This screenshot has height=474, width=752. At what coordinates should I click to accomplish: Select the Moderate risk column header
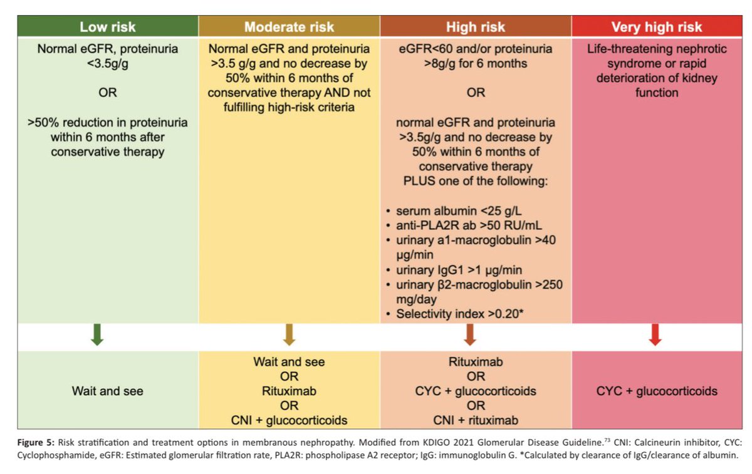289,27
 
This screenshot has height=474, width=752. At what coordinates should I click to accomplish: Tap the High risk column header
476,27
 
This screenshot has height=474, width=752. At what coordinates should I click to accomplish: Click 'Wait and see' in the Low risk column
107,391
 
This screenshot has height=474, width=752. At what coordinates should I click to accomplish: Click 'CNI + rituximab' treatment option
476,420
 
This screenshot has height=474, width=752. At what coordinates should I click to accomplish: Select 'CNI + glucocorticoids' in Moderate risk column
289,420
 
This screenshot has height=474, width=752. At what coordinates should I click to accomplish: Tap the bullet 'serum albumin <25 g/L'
458,211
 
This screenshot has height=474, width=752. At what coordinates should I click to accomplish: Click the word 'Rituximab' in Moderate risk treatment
289,391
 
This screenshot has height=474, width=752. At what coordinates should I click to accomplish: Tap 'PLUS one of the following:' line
476,182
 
